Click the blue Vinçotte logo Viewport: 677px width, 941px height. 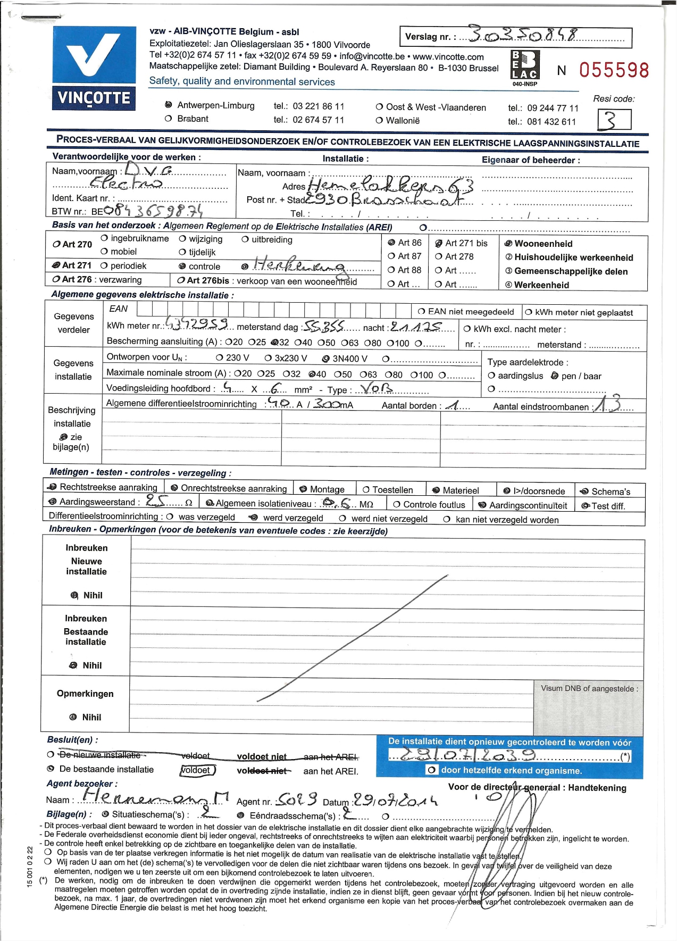[x=94, y=68]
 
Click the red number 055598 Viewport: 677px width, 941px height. [x=614, y=70]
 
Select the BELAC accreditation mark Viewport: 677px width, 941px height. [x=525, y=66]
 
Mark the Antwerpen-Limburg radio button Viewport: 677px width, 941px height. [x=169, y=105]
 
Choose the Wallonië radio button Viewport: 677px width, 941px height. [x=379, y=121]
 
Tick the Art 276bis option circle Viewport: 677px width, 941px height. [x=181, y=280]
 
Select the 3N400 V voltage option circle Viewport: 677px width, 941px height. [x=326, y=359]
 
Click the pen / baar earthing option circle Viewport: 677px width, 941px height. [x=555, y=376]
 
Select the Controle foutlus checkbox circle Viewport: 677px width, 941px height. [x=396, y=504]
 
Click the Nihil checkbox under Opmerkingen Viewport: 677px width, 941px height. [x=73, y=717]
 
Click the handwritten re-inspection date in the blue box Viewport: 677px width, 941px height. [x=461, y=755]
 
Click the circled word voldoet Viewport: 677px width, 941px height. [x=197, y=770]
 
